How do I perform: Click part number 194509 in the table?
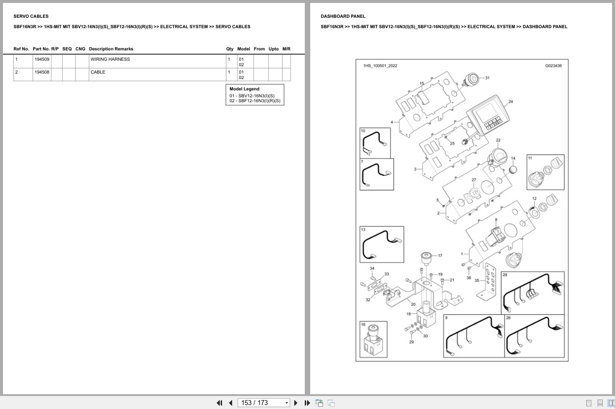(x=42, y=59)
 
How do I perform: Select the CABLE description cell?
(x=98, y=72)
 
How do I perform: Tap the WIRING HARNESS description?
(x=110, y=59)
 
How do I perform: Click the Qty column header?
(x=229, y=49)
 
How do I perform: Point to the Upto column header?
(x=273, y=49)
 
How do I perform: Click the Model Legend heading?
(x=244, y=89)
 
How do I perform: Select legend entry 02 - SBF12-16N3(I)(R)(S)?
(x=255, y=101)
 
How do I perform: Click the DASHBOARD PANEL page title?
(x=343, y=16)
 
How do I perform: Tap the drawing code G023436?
(x=553, y=66)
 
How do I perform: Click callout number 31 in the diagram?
(x=487, y=78)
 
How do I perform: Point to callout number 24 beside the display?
(x=510, y=101)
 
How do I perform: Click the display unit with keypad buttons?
(x=488, y=115)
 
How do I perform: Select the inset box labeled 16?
(x=373, y=339)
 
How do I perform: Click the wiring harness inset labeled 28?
(x=533, y=293)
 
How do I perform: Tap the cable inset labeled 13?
(x=382, y=244)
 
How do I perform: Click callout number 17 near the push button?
(x=440, y=255)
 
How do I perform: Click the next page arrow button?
(x=296, y=403)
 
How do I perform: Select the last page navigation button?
(x=307, y=403)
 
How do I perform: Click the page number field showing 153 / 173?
(x=263, y=403)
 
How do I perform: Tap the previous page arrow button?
(x=231, y=403)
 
